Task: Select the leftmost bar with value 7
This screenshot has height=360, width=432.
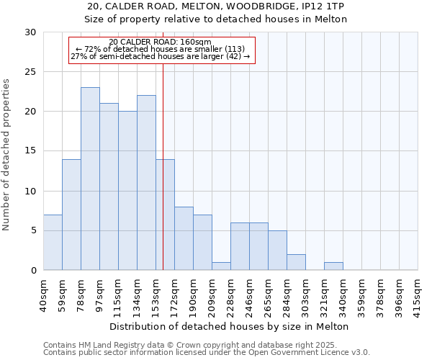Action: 53,242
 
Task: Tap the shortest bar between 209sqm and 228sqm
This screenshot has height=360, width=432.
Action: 221,266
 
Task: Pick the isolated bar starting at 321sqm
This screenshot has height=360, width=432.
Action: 333,266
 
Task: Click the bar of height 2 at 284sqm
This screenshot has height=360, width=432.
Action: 296,262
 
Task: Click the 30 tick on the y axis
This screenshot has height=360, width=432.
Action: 30,32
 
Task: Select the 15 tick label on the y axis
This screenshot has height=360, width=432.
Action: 30,151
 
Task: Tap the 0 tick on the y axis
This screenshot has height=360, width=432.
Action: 33,271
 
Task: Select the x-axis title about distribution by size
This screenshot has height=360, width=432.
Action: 230,326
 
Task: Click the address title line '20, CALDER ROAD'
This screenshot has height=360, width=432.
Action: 216,6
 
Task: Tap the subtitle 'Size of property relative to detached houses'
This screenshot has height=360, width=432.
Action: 216,19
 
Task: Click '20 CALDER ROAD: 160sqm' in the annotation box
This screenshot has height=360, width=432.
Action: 161,42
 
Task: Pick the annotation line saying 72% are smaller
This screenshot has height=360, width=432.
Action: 161,49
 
